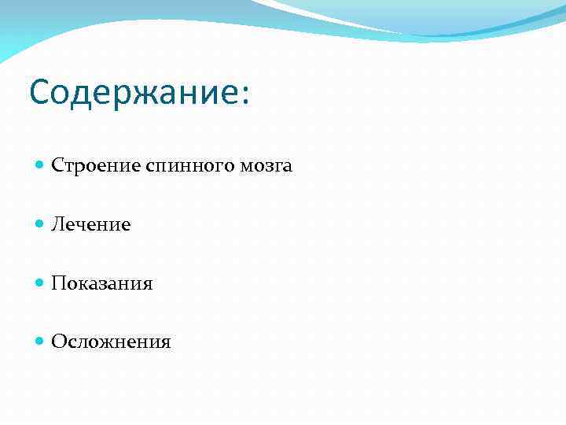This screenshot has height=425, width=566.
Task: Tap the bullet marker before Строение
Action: pos(40,165)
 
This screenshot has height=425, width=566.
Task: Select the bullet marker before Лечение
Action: pos(40,224)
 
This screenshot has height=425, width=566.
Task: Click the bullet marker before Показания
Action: pos(40,283)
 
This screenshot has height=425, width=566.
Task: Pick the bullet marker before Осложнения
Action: pos(40,342)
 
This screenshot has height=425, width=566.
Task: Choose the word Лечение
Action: pos(91,225)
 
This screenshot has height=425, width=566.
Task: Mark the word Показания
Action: pos(102,283)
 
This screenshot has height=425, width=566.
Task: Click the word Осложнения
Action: pos(111,342)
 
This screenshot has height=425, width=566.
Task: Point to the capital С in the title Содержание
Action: pos(40,93)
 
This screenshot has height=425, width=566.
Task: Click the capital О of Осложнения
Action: pos(58,342)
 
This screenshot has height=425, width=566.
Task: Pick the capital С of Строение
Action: pos(57,166)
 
